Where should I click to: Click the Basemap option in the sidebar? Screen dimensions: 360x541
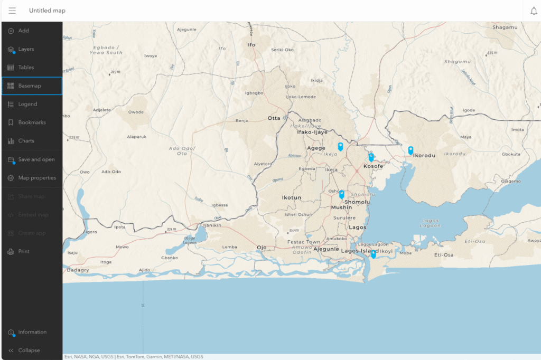30,86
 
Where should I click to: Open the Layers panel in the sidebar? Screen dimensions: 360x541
26,49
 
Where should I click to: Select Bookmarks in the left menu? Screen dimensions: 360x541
32,122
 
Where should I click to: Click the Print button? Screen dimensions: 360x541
24,251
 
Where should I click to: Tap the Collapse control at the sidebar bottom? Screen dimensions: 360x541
29,350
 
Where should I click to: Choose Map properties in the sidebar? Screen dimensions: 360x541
36,178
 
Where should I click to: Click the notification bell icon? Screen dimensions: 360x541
534,11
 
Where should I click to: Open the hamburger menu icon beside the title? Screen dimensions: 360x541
12,11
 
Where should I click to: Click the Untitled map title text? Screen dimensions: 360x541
47,11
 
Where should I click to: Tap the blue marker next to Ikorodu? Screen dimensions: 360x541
411,150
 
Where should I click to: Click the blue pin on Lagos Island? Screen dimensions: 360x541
374,253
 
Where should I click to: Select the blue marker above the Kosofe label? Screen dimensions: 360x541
371,157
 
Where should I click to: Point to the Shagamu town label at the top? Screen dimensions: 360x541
505,27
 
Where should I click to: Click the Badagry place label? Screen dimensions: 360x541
78,270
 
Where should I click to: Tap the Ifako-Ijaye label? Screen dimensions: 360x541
312,132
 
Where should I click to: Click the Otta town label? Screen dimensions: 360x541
274,118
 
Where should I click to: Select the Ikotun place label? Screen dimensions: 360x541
291,197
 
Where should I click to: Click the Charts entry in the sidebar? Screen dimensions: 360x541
26,141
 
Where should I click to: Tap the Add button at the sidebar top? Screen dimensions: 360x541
23,31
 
